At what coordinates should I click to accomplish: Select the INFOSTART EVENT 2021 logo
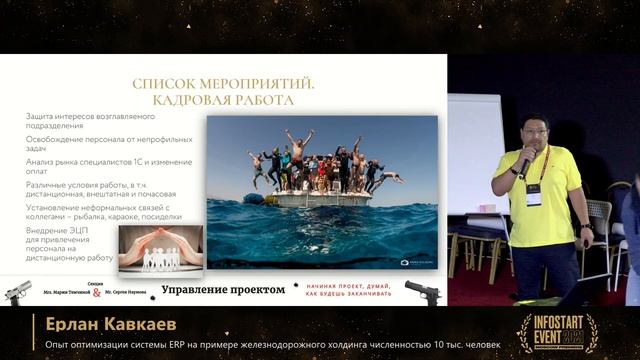point(557,332)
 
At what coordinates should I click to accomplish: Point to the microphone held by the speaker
point(525,159)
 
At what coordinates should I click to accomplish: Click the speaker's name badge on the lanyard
point(534,193)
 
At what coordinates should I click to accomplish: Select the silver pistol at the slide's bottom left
point(18,291)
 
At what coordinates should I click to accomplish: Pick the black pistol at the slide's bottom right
point(423,291)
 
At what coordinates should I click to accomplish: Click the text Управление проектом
point(223,290)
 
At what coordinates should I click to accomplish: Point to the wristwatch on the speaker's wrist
point(586,229)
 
